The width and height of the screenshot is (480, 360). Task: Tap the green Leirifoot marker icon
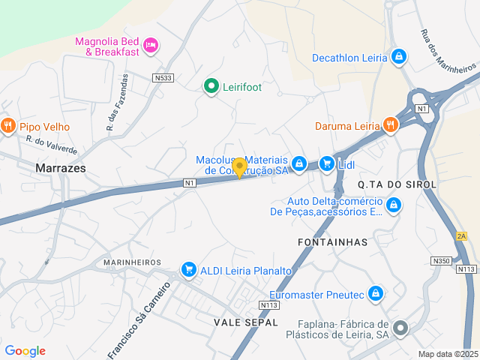click(x=211, y=87)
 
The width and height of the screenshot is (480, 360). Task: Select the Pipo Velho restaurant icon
click(x=8, y=125)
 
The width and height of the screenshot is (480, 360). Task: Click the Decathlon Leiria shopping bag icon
click(x=398, y=57)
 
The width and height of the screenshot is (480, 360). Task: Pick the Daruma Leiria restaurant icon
click(x=389, y=125)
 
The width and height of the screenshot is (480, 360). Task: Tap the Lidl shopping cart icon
click(x=326, y=163)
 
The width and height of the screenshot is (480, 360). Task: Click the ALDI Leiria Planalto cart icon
click(x=188, y=270)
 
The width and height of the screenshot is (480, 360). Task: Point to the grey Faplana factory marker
click(x=401, y=327)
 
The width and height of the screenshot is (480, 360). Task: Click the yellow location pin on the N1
click(x=239, y=167)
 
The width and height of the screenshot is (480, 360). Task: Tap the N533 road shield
click(x=163, y=78)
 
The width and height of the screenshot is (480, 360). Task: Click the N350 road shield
click(x=440, y=261)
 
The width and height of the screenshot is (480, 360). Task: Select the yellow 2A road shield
click(x=461, y=236)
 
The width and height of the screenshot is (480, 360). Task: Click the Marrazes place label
click(x=61, y=169)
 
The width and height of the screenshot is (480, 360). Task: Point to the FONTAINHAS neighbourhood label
click(x=332, y=242)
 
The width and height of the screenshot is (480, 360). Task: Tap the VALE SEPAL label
click(x=246, y=322)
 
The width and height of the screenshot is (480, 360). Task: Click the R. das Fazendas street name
click(x=117, y=103)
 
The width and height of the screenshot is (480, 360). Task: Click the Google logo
click(x=25, y=351)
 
